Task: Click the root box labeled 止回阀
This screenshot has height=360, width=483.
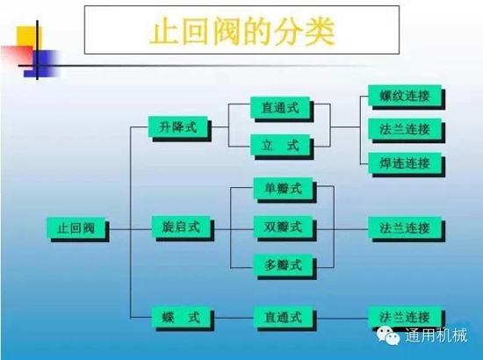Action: pyautogui.click(x=76, y=228)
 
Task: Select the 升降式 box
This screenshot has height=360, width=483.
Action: pyautogui.click(x=177, y=126)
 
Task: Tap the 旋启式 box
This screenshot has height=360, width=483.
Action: pyautogui.click(x=181, y=227)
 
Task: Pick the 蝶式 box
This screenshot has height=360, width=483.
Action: pyautogui.click(x=181, y=317)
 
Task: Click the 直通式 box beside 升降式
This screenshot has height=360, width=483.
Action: pyautogui.click(x=280, y=107)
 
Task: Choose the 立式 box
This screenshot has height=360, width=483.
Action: pyautogui.click(x=280, y=145)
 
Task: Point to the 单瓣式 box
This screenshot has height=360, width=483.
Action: pyautogui.click(x=283, y=188)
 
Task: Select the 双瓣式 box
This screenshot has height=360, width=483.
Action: pyautogui.click(x=283, y=227)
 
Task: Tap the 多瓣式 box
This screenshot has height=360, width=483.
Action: pyautogui.click(x=283, y=265)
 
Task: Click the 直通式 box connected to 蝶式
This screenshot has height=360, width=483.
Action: pyautogui.click(x=283, y=317)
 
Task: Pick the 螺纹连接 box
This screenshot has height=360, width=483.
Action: pyautogui.click(x=405, y=96)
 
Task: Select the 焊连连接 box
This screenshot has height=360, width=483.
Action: pyautogui.click(x=405, y=163)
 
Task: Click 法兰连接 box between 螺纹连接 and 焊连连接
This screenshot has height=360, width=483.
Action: pyautogui.click(x=405, y=129)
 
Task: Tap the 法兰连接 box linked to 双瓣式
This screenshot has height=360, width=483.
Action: pyautogui.click(x=405, y=228)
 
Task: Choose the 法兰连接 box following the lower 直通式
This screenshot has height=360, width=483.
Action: pyautogui.click(x=405, y=317)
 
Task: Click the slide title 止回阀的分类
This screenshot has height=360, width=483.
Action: pyautogui.click(x=242, y=32)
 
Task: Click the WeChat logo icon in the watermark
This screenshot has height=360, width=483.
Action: pyautogui.click(x=388, y=335)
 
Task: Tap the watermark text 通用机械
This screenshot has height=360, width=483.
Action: pyautogui.click(x=436, y=335)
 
